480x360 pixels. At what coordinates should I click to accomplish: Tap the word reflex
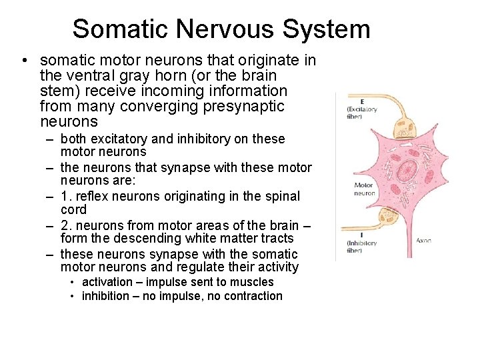(x=99, y=196)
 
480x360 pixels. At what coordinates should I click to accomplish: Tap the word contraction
(x=250, y=296)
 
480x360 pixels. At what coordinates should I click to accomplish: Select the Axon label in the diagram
(x=423, y=240)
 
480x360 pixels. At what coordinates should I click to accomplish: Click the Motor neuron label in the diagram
(x=364, y=189)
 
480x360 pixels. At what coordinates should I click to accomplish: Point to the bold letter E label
(x=361, y=102)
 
